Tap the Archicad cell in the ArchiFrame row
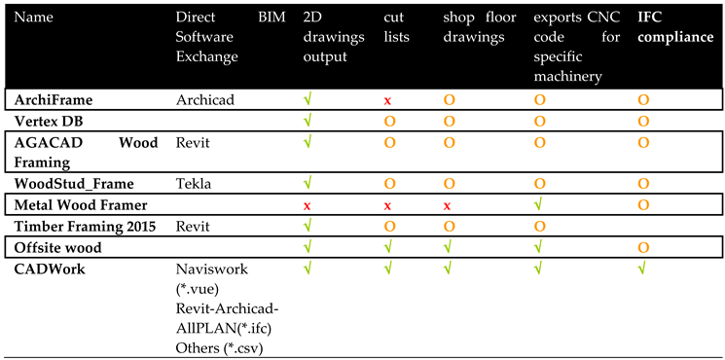(x=206, y=99)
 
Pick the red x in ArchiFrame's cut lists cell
(x=388, y=100)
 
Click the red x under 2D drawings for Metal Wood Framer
(x=308, y=206)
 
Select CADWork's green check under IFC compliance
(x=642, y=268)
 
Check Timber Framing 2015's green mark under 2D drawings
(x=308, y=226)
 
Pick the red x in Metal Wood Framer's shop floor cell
(x=448, y=206)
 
